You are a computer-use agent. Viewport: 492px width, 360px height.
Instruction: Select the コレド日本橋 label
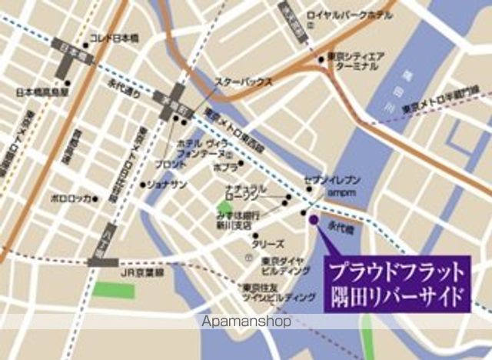114,38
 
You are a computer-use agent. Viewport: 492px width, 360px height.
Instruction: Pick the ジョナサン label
167,185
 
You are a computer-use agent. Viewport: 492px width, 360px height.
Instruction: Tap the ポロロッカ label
71,198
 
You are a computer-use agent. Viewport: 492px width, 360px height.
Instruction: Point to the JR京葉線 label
142,272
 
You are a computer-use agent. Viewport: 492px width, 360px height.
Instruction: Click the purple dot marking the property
312,221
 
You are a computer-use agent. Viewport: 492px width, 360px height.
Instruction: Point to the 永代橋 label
339,228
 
